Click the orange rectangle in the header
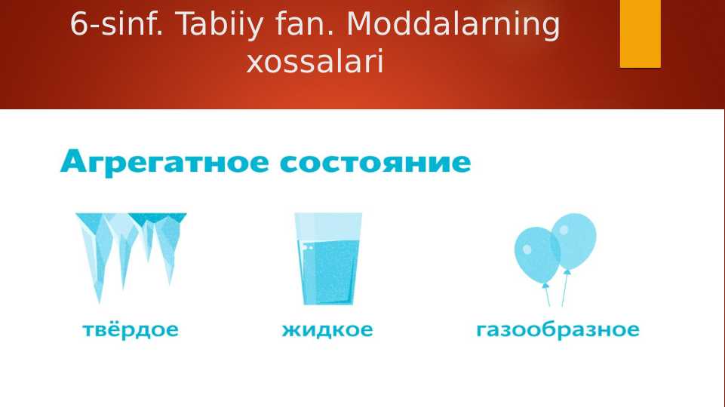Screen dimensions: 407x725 pos(640,33)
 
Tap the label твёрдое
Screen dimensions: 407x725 pos(131,330)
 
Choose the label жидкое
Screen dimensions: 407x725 pos(327,330)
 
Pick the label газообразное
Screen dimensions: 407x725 pos(558,330)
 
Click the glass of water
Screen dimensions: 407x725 pos(327,260)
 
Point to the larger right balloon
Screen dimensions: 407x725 pos(574,240)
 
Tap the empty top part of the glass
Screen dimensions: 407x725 pos(327,225)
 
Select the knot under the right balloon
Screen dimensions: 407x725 pos(567,272)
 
